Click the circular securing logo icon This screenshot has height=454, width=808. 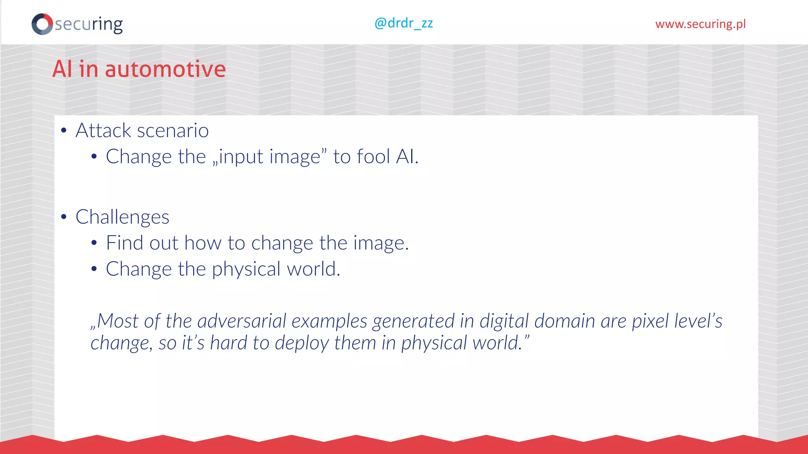click(42, 24)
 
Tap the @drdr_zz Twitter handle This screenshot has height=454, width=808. click(404, 23)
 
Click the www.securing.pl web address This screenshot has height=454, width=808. click(700, 24)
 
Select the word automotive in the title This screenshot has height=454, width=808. click(165, 69)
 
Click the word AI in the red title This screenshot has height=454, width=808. click(62, 69)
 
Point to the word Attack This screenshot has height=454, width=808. click(103, 130)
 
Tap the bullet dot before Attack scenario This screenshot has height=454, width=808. click(64, 131)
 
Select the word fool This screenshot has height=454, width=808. click(373, 156)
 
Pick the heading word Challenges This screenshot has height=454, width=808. click(122, 217)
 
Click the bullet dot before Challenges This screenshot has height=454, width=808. click(64, 217)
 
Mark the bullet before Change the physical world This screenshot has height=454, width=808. click(94, 270)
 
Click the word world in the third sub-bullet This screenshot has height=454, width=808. click(313, 269)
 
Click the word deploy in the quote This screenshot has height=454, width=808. click(301, 343)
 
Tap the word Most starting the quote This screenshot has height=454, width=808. click(118, 321)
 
